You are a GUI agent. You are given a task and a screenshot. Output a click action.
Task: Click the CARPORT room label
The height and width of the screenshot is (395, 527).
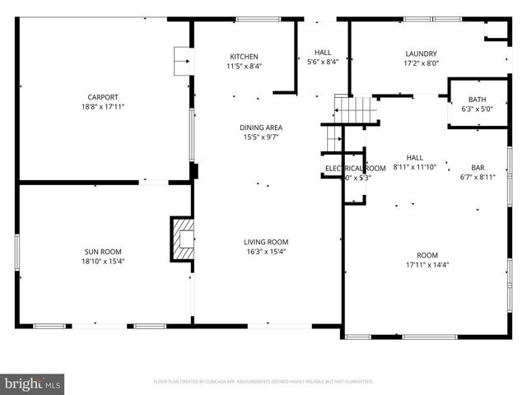[x=103, y=95]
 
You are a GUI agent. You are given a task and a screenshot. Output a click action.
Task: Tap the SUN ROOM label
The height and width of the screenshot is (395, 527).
[x=103, y=251]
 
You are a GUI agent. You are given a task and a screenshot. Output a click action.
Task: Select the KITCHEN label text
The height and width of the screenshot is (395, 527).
[x=244, y=56]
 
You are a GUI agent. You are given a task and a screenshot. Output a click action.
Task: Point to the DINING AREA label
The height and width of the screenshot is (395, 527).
[x=262, y=127]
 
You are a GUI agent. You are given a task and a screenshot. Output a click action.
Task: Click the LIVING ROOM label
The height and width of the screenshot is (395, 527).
[x=265, y=241]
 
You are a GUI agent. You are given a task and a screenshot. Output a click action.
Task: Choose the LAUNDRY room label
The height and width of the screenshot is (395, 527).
[x=420, y=53]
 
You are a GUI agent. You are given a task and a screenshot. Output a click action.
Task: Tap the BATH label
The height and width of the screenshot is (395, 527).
[x=477, y=100]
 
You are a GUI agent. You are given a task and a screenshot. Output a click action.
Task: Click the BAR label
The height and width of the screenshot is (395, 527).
[x=478, y=166]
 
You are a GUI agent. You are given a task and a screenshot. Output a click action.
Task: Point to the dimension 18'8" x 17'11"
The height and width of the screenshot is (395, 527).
[x=103, y=106]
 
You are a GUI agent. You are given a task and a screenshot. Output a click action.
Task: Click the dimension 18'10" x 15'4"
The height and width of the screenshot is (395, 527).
[x=103, y=262]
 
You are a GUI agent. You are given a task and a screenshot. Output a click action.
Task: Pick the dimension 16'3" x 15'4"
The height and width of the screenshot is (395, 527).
[x=265, y=252]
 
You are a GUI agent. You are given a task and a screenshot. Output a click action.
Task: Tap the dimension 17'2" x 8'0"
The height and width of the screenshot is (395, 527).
[x=420, y=63]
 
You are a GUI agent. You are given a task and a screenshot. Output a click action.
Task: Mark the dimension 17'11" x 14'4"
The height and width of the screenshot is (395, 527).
[x=427, y=264]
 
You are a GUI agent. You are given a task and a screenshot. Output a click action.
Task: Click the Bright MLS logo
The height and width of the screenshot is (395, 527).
[x=33, y=383]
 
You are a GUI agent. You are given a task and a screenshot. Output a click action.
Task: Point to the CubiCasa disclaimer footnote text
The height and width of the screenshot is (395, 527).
[x=263, y=382]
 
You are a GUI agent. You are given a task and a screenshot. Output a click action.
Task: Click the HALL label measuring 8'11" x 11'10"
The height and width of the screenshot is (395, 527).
[x=414, y=156]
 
